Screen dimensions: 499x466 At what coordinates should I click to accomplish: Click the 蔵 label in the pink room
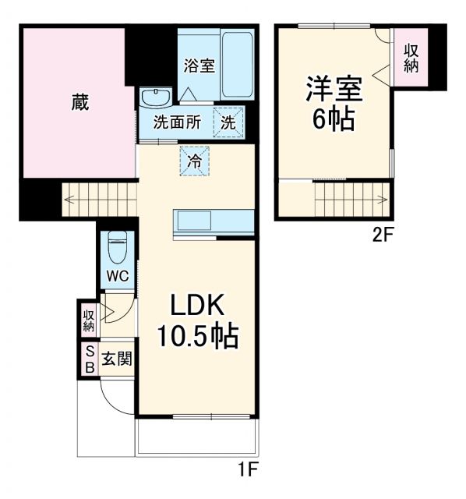click(x=79, y=102)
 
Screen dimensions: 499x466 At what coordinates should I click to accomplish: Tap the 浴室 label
click(x=199, y=65)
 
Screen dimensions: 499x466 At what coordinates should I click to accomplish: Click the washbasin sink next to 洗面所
click(x=157, y=97)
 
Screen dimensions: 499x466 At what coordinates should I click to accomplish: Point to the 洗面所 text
click(x=176, y=122)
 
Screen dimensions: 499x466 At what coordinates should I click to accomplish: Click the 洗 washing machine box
click(x=228, y=122)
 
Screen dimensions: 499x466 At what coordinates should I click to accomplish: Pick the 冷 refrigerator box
click(x=196, y=162)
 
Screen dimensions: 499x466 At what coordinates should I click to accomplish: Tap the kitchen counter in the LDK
click(x=215, y=221)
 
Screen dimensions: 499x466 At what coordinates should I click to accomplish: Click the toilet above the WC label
click(x=118, y=249)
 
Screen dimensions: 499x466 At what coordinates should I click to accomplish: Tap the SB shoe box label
click(x=89, y=359)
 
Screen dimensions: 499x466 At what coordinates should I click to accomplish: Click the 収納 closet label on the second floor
click(x=411, y=58)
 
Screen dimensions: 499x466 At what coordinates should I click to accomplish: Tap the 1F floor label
click(x=247, y=470)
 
